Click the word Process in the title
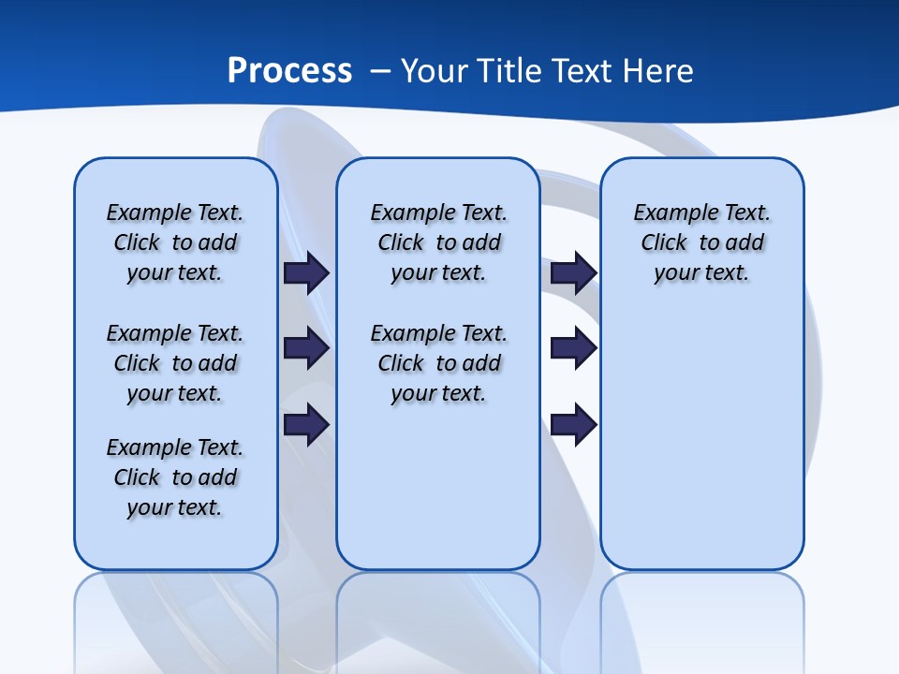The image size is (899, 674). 289,70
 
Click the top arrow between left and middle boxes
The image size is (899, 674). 306,272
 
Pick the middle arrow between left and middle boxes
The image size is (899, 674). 306,349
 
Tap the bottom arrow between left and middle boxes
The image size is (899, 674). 306,425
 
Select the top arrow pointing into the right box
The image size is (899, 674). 573,272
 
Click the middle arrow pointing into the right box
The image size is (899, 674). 573,349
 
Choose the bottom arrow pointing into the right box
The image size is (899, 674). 573,425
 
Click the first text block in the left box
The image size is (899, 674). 175,242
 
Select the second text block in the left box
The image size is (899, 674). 175,363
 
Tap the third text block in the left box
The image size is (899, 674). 175,477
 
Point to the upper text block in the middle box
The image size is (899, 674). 438,242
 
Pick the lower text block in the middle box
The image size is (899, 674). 438,363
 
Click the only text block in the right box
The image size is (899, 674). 701,242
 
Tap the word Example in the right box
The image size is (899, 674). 671,212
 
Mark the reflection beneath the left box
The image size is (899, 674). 176,618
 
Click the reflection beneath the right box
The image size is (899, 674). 701,618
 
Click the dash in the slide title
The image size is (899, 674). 381,70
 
